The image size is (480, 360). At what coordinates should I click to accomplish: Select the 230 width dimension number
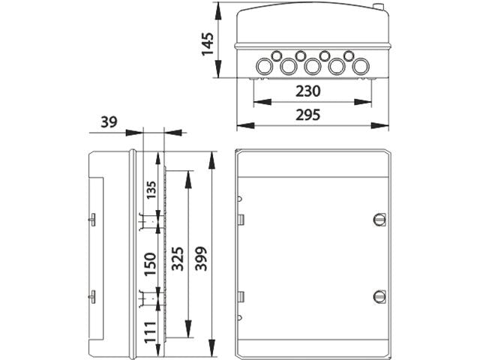(307, 91)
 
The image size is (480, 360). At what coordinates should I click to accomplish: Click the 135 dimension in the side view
(151, 191)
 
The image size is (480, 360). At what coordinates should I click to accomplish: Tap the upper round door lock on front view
(378, 219)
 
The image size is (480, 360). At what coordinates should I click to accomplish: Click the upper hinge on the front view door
(241, 219)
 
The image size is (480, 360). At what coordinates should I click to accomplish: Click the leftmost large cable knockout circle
(263, 67)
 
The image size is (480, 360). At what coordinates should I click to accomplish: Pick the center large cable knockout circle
(313, 67)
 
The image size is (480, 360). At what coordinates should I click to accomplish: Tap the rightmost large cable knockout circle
(361, 67)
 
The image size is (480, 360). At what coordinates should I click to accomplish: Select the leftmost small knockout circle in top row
(276, 55)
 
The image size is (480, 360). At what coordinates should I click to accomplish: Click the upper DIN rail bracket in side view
(144, 222)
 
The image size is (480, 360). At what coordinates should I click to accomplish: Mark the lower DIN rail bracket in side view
(144, 299)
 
